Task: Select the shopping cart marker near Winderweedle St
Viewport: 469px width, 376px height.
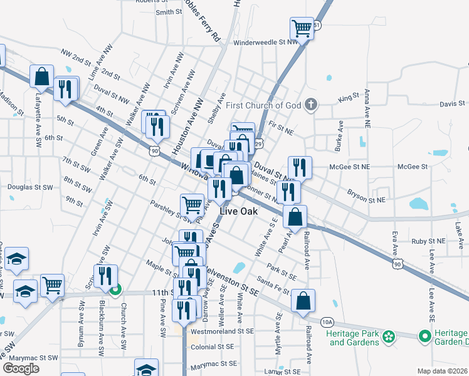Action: coord(301,28)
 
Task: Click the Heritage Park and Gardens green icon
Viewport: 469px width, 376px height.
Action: coord(389,337)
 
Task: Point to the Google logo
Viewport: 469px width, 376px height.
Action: coord(21,368)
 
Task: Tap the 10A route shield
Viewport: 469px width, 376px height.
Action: coord(327,322)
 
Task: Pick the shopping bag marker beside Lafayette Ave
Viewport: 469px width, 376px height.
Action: coord(41,77)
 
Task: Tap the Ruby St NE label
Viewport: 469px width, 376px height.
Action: coord(428,241)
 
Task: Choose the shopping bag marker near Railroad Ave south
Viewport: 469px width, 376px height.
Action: coord(303,300)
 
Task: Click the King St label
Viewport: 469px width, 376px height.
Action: coord(349,98)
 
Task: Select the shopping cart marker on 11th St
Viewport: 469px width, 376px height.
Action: coord(53,285)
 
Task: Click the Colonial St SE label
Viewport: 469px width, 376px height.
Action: coord(213,347)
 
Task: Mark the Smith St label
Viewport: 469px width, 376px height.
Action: coord(168,12)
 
